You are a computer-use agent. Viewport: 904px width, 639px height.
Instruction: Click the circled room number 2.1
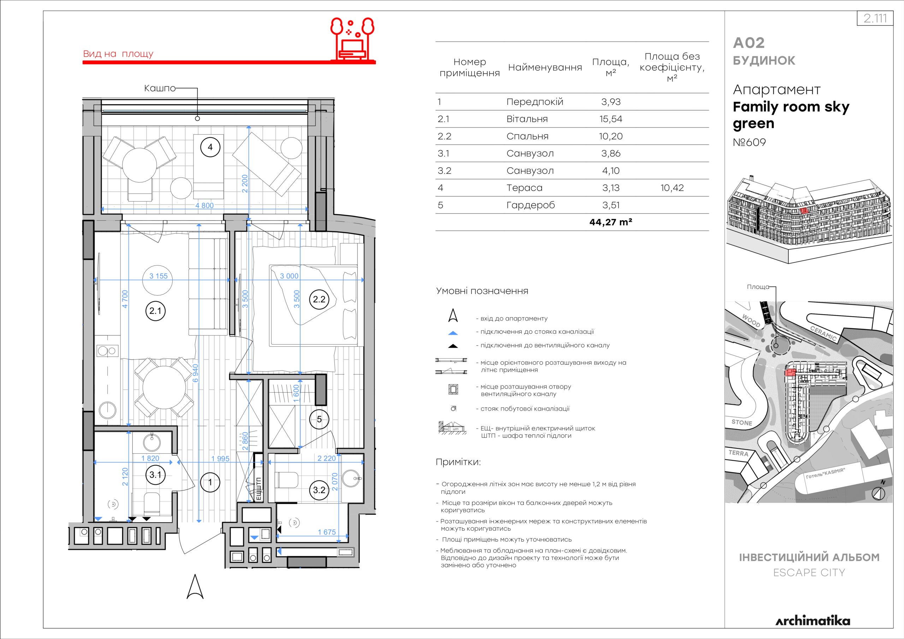pos(155,311)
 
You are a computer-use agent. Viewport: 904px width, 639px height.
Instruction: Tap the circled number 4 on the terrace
pos(210,147)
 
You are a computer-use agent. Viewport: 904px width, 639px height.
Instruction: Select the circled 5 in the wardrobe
pos(319,419)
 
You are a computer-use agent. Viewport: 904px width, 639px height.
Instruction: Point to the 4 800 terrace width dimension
pos(205,205)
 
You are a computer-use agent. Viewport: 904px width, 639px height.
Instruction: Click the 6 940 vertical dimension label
pos(196,373)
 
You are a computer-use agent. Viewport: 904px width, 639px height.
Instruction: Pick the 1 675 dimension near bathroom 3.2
pos(327,532)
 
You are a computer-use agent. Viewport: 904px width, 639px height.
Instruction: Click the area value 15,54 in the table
pos(611,119)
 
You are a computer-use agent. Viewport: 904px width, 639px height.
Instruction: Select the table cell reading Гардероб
pos(530,205)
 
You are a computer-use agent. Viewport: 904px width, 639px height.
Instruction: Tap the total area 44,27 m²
pos(611,222)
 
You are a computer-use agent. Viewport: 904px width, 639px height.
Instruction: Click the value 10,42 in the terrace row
pos(672,188)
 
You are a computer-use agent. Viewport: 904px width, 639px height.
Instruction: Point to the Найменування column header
pos(545,67)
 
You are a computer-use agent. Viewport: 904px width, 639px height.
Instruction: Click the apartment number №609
pos(749,142)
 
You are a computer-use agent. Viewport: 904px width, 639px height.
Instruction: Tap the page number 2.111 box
pos(875,18)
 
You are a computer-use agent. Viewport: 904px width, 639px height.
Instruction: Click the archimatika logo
pos(813,621)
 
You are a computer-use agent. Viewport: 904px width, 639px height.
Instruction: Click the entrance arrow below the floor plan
pos(195,587)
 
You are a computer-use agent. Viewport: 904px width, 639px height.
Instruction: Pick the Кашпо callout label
pos(160,88)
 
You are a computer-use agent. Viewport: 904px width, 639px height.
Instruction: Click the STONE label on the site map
pos(742,423)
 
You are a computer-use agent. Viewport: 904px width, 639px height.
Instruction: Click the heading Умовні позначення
pos(482,291)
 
